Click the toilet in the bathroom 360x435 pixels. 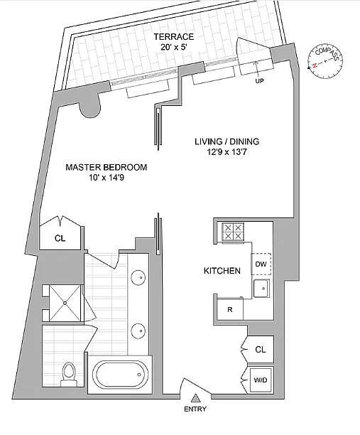(69, 374)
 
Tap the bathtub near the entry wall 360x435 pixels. (120, 375)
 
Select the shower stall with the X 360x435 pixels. (65, 304)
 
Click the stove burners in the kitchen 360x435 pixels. (233, 232)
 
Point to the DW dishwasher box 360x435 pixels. (261, 264)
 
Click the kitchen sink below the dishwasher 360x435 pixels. (261, 289)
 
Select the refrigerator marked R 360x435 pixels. (230, 309)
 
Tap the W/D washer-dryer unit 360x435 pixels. (261, 380)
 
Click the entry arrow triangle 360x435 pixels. (196, 398)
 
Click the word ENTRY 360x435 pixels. (195, 409)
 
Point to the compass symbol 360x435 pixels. (325, 61)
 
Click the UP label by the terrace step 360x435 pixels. (259, 81)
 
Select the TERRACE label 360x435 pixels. (174, 37)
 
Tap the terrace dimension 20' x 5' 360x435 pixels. (174, 47)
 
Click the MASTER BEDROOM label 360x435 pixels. (106, 167)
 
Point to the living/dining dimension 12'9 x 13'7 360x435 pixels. (227, 152)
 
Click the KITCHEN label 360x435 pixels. (222, 271)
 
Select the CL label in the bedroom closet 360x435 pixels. (60, 238)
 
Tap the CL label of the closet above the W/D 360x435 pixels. (260, 350)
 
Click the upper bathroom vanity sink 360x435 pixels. (138, 277)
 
